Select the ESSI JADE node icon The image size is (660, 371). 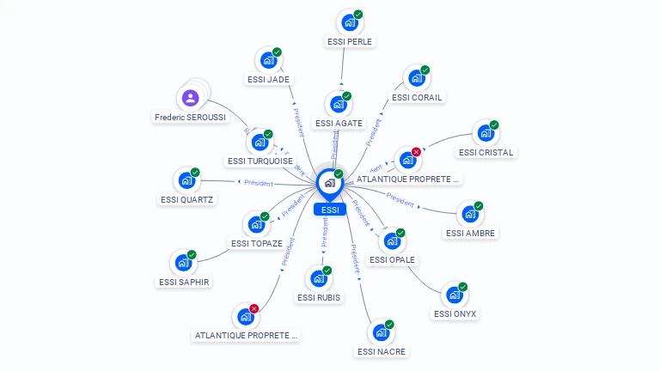click(x=267, y=60)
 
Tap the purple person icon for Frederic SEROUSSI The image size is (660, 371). click(x=191, y=97)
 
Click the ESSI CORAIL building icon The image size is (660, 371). click(x=416, y=78)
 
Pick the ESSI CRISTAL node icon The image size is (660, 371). click(x=485, y=133)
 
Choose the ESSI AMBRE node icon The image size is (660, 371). click(x=469, y=214)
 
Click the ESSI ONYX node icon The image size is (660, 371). click(x=454, y=295)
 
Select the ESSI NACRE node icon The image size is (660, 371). click(x=380, y=332)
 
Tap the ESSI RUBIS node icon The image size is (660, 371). click(x=318, y=278)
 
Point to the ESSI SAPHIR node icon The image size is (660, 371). click(x=182, y=263)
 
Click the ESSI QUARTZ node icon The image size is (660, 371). click(x=186, y=181)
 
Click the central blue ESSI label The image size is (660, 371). click(x=330, y=210)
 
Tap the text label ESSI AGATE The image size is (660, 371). click(x=339, y=124)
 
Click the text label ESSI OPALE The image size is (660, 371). click(x=392, y=259)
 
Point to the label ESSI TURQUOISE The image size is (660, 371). click(x=260, y=161)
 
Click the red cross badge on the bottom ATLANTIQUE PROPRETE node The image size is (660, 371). click(x=254, y=309)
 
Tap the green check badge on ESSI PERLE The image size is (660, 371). click(x=358, y=14)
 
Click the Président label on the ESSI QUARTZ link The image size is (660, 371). click(x=259, y=183)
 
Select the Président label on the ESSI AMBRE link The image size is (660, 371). click(x=400, y=198)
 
